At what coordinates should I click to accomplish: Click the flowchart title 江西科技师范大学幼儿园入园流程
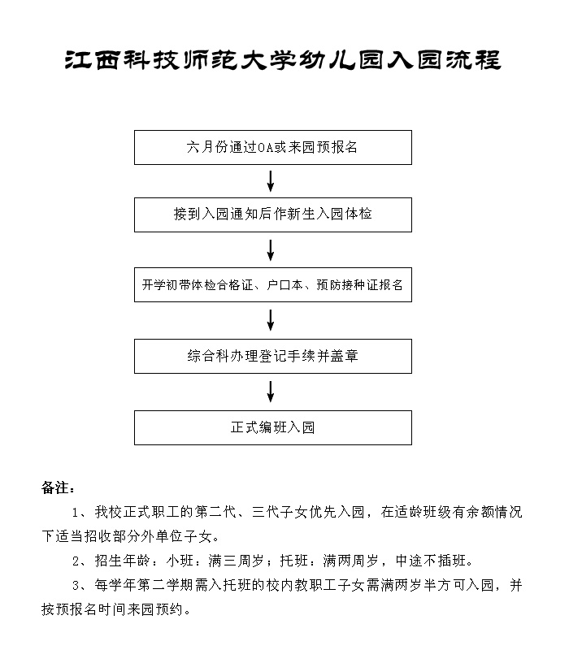[283, 60]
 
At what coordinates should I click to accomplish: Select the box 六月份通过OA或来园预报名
[273, 148]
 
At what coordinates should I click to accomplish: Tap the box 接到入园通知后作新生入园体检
[273, 214]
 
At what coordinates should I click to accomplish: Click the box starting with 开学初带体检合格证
[273, 285]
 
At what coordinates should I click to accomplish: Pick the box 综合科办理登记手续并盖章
[273, 357]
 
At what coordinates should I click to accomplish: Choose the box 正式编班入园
[273, 428]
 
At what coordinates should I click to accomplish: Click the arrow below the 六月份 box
[271, 181]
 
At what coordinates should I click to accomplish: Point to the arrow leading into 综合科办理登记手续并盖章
[271, 320]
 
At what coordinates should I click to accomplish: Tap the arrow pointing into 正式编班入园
[271, 392]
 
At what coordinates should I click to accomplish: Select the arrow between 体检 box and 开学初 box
[271, 250]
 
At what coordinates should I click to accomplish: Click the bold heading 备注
[58, 488]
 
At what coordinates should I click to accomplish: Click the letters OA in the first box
[266, 148]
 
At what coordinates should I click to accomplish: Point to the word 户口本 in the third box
[284, 285]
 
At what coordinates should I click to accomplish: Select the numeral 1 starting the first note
[75, 513]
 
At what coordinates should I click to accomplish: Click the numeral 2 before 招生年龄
[76, 561]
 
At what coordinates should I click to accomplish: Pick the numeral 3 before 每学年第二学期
[76, 586]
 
